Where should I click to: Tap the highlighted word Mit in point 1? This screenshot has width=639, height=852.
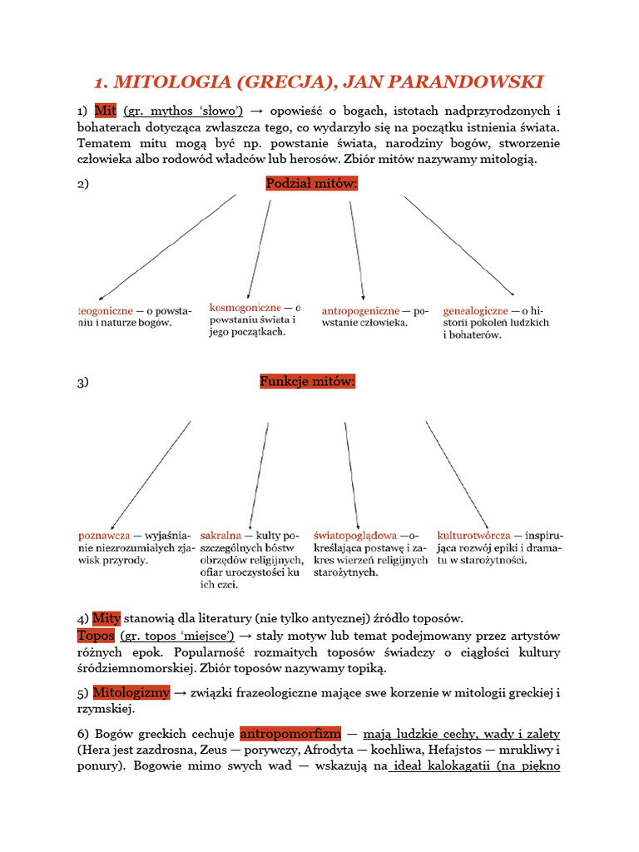click(x=106, y=111)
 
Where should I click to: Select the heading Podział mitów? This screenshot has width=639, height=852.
click(x=312, y=184)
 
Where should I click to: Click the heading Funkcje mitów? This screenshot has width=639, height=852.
click(x=308, y=382)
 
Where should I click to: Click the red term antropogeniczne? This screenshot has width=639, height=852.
click(x=361, y=311)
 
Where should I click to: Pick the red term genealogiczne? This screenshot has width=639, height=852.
click(x=476, y=311)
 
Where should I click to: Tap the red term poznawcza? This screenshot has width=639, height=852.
click(x=104, y=536)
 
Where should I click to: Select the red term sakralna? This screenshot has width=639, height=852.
click(x=221, y=536)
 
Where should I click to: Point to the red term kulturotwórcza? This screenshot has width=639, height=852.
click(x=473, y=536)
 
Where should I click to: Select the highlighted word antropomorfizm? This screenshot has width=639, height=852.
click(x=290, y=734)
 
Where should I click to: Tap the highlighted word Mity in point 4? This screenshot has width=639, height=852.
click(x=106, y=618)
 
